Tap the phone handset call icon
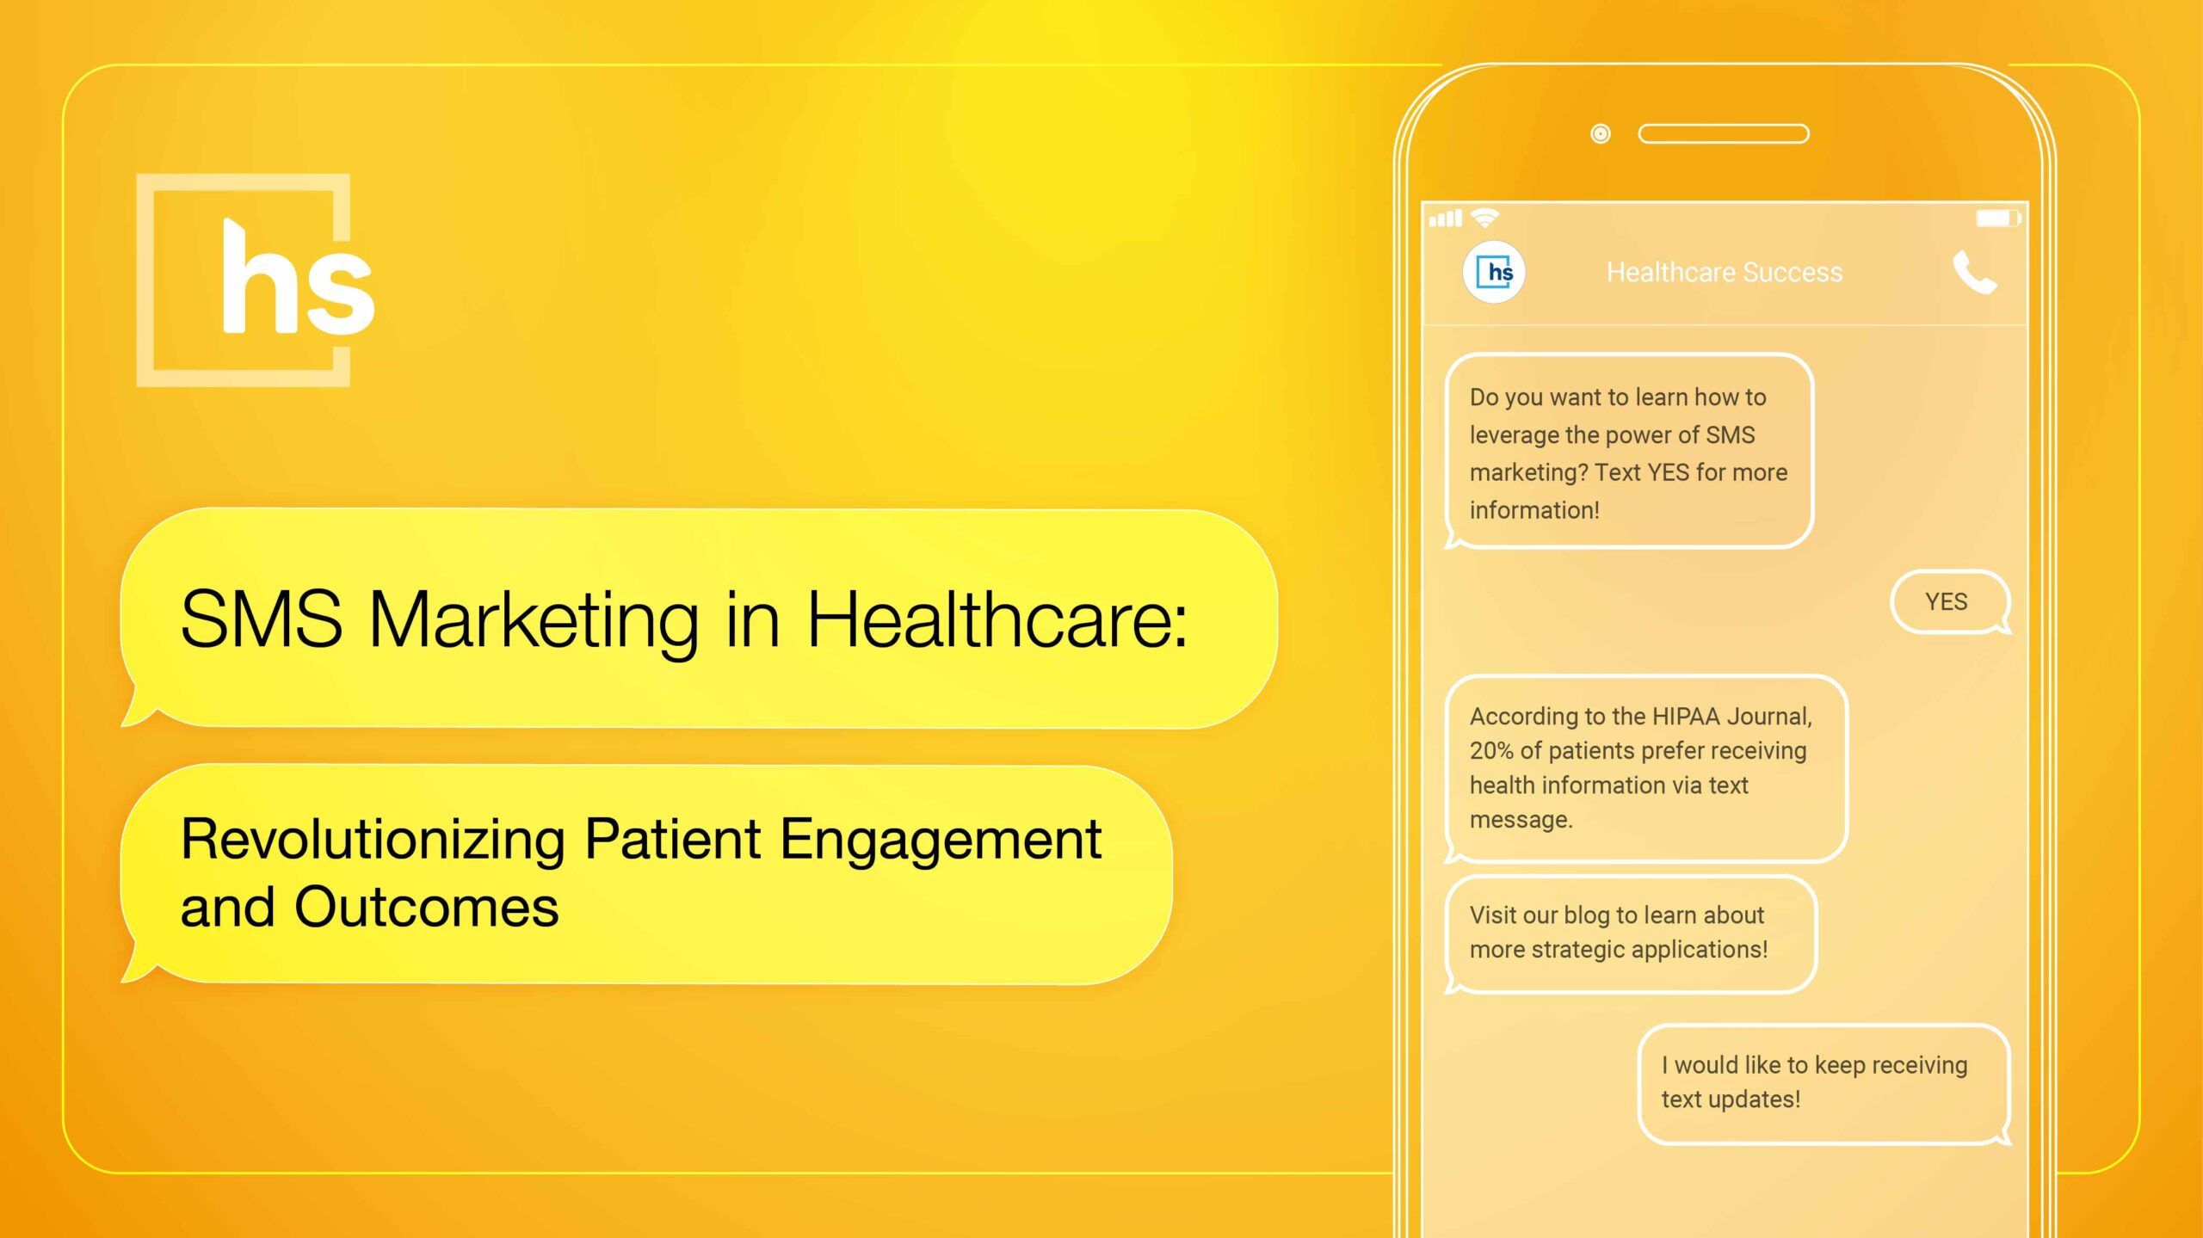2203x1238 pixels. tap(1974, 272)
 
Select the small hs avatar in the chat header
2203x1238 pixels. tap(1494, 272)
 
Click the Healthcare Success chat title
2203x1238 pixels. tap(1725, 273)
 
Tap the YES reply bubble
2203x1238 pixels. tap(1949, 601)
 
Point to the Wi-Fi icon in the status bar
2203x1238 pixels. tap(1485, 217)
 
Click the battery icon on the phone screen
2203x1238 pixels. tap(1997, 218)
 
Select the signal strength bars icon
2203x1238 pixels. tap(1446, 219)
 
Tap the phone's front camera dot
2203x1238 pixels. tap(1601, 133)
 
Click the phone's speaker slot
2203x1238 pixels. tap(1724, 133)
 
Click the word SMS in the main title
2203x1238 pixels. tap(262, 619)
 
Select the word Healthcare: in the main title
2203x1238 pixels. tap(997, 619)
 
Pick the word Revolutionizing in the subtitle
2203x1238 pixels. tap(373, 839)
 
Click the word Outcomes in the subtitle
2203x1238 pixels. tap(427, 907)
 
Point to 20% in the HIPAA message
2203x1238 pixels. tap(1491, 750)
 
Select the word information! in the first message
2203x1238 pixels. tap(1534, 510)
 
